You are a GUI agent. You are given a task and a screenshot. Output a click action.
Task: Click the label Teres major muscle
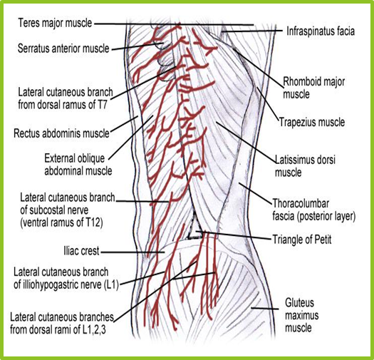point(55,24)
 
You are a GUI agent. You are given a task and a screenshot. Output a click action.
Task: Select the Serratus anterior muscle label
point(63,48)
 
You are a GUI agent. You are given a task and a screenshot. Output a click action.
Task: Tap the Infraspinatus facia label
point(321,31)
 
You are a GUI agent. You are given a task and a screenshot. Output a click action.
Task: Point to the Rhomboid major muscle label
point(313,88)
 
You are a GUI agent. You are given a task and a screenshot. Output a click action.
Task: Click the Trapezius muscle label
point(312,122)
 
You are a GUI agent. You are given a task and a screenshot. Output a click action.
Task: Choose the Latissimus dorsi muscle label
point(305,166)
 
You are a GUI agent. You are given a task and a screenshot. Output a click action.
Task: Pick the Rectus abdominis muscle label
point(61,133)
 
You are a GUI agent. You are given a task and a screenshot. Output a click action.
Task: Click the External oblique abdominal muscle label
point(78,165)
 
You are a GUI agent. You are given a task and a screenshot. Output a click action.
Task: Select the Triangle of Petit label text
point(302,240)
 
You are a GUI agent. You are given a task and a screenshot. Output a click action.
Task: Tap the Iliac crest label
point(81,251)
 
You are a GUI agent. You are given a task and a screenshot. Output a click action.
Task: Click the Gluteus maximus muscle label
point(302,315)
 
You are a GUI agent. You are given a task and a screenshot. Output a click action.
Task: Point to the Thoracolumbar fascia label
point(314,210)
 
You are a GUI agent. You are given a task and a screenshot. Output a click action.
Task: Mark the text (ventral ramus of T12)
point(61,222)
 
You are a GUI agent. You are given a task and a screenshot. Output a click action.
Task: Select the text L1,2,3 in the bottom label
point(94,329)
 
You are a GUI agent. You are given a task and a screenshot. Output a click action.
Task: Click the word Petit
point(323,240)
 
